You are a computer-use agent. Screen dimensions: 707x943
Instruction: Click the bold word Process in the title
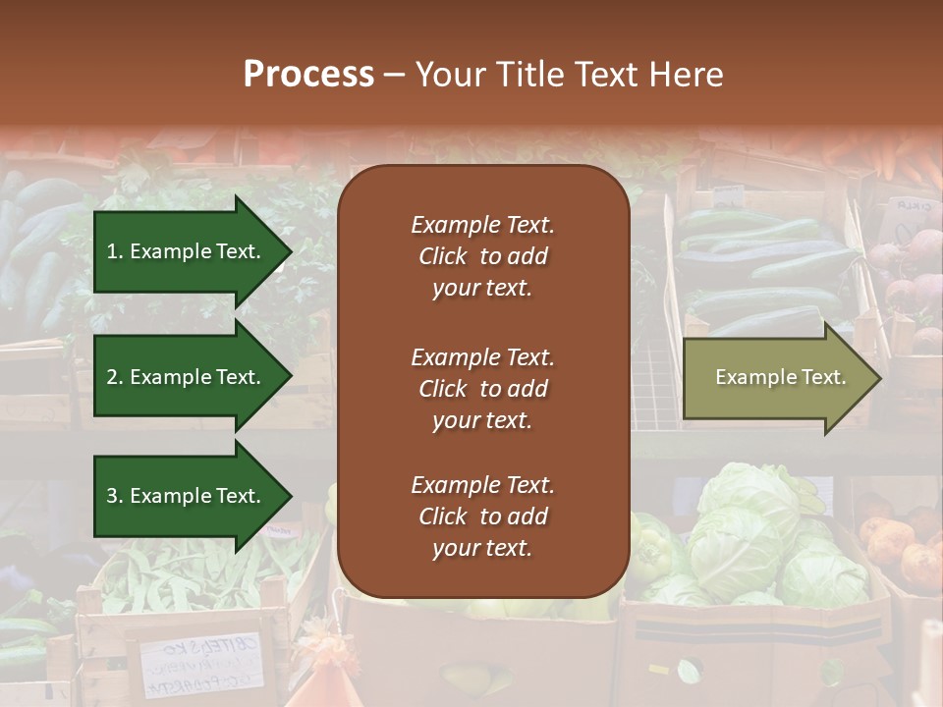click(x=308, y=74)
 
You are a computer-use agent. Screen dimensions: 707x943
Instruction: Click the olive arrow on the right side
click(x=776, y=378)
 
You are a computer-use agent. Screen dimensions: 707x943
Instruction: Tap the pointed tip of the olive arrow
click(x=877, y=378)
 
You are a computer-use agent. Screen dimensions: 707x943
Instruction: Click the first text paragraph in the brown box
click(x=482, y=256)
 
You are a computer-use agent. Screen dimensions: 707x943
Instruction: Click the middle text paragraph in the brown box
click(x=482, y=389)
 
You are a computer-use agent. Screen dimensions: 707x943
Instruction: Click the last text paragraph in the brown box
click(x=482, y=517)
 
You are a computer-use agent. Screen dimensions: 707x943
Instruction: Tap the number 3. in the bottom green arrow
click(x=115, y=496)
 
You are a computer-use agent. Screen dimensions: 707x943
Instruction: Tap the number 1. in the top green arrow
click(x=115, y=251)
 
